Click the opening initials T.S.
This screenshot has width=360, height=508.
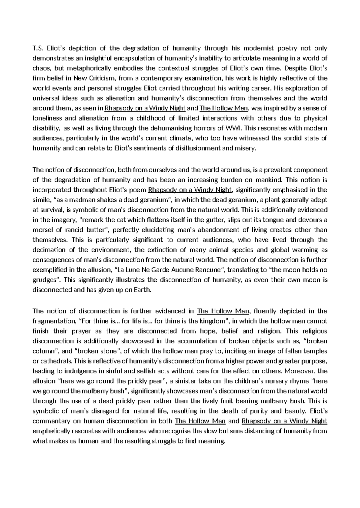pos(38,48)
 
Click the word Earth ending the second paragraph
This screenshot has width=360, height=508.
pos(141,290)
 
